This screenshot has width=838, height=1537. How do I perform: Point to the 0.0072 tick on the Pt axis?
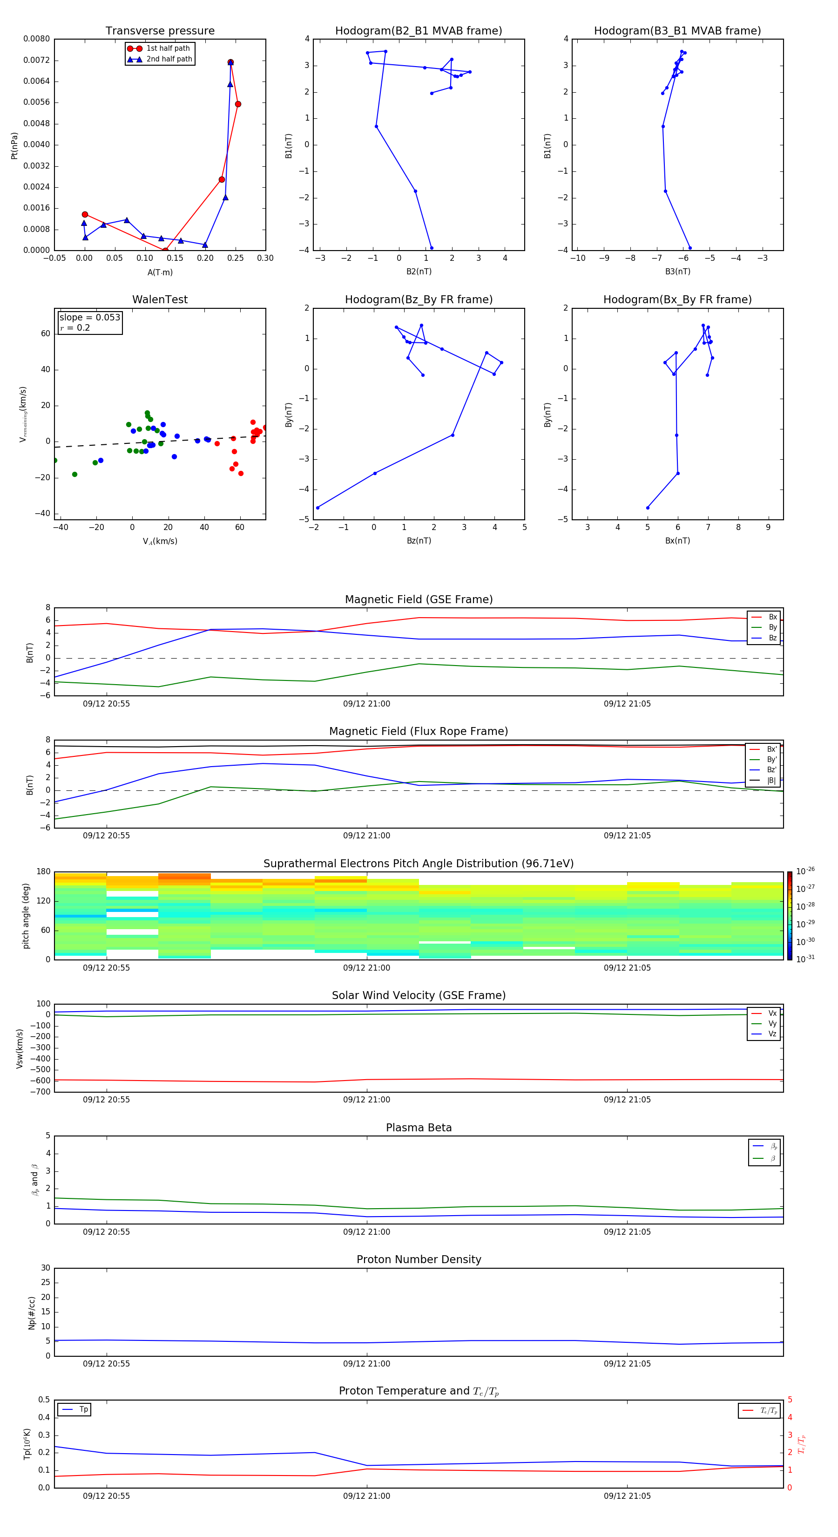coord(36,60)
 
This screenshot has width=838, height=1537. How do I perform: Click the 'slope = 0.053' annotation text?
coord(89,318)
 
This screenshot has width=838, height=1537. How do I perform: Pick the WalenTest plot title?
coord(160,299)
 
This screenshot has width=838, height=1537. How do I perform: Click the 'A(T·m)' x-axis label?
coord(160,272)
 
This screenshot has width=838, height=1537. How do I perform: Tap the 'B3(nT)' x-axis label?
coord(677,272)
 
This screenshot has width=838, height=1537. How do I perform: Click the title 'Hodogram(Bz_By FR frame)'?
coord(418,299)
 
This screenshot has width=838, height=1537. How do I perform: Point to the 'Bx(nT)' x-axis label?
coord(677,541)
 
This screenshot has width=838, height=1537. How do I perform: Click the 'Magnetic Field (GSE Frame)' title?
coord(418,599)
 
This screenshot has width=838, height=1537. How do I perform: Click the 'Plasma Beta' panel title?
coord(418,1128)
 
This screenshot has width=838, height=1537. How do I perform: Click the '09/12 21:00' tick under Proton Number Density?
coord(366,1363)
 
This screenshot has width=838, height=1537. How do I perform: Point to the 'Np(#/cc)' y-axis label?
coord(32,1313)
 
